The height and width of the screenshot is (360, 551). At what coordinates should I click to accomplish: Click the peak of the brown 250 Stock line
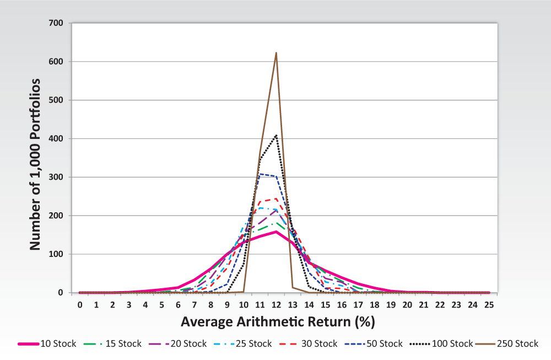(x=276, y=53)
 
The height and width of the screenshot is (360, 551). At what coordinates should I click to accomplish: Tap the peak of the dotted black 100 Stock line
(x=276, y=135)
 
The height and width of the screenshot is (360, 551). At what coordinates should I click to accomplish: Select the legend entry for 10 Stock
(x=47, y=343)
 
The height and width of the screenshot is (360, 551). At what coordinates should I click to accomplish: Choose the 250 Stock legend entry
(x=507, y=343)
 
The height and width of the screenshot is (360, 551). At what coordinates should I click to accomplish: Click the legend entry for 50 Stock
(x=374, y=343)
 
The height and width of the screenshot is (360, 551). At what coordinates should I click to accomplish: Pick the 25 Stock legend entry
(x=243, y=343)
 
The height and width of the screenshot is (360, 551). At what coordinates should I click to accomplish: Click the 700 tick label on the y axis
(x=56, y=23)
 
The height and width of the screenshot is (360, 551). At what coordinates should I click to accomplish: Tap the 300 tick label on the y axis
(x=56, y=177)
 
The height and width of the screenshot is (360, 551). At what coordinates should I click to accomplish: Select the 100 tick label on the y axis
(x=56, y=254)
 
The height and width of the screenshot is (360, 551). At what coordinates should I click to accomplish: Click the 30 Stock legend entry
(x=309, y=343)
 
